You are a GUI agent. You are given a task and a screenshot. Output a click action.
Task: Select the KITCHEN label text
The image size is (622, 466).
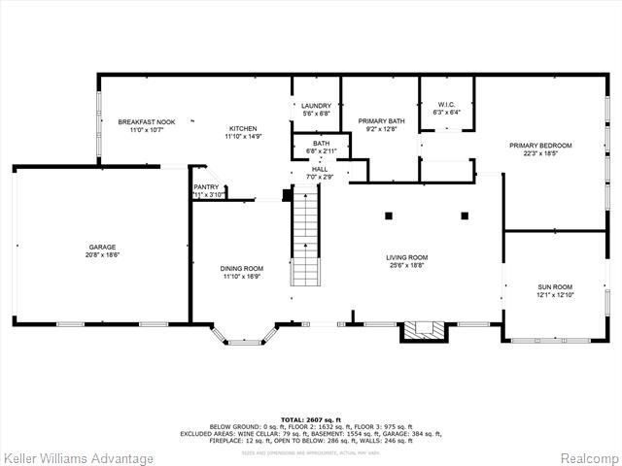243,129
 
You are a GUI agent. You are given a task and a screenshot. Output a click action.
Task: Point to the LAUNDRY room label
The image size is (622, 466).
316,106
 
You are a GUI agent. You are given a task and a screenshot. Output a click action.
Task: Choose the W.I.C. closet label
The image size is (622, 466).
447,104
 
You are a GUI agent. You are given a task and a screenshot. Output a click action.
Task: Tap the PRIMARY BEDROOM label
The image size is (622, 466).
541,146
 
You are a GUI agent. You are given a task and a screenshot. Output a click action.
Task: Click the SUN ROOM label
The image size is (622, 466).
556,287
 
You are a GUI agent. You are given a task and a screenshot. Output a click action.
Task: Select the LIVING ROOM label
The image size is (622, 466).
407,257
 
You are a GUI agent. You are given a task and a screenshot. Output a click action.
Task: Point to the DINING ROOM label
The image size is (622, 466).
241,268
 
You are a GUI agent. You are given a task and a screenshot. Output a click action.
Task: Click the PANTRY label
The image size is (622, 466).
206,186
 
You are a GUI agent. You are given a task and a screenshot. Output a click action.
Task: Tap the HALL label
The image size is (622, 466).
320,169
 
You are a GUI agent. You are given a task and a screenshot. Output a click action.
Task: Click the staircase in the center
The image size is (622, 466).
305,238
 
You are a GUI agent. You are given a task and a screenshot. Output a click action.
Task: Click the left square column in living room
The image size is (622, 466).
387,215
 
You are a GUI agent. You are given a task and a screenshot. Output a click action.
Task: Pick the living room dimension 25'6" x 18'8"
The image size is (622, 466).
407,265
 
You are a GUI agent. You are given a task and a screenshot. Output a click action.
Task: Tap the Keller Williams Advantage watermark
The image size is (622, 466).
78,458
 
